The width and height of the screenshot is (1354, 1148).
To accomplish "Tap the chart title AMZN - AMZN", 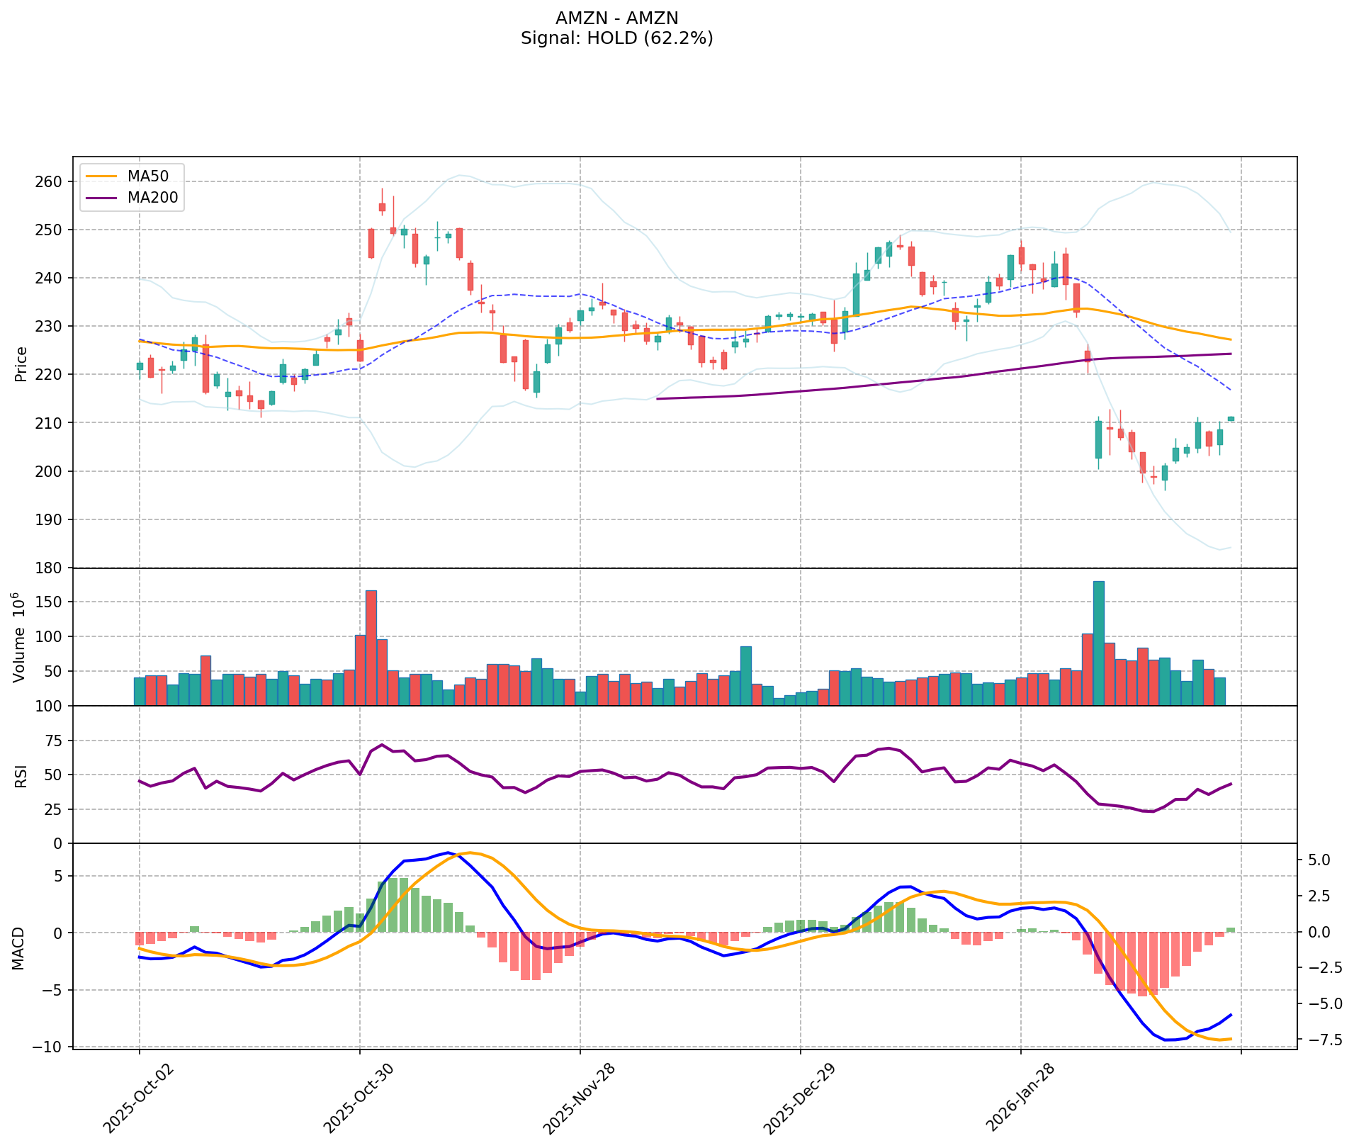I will (616, 18).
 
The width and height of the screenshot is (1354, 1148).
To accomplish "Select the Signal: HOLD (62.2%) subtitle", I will (616, 38).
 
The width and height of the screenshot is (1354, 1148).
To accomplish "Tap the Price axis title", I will (21, 364).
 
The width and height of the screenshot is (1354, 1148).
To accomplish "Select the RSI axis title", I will (21, 775).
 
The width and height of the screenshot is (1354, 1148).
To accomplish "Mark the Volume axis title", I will (21, 636).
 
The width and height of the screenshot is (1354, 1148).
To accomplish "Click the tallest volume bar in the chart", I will (1098, 643).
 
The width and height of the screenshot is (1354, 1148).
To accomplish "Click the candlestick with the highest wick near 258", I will (382, 208).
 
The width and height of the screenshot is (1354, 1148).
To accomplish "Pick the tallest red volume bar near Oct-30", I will (371, 648).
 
